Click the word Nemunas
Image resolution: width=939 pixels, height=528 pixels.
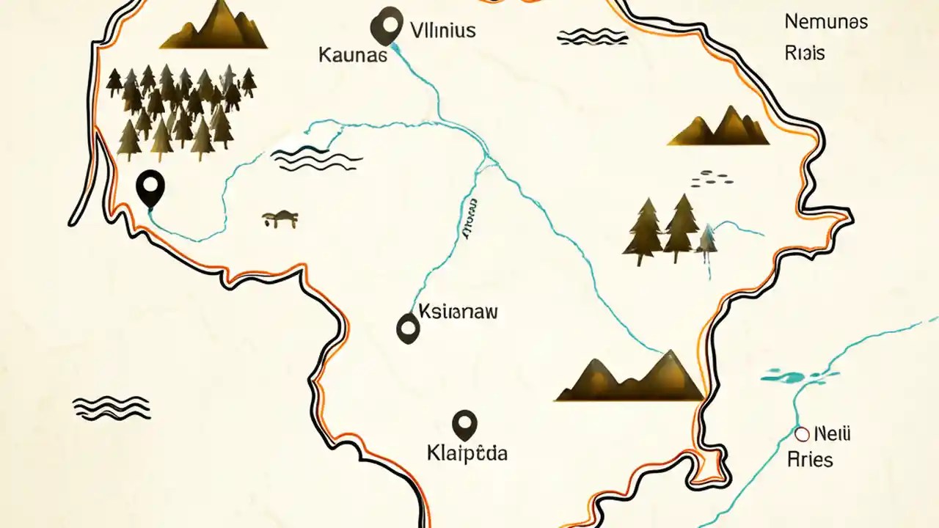[826, 21]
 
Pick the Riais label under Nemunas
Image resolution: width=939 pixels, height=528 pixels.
[804, 54]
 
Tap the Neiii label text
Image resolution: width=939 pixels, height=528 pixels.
[833, 434]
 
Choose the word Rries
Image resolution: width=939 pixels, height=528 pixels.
[810, 460]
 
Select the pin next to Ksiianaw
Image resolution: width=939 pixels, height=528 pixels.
[407, 328]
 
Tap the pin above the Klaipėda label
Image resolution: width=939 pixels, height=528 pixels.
[465, 424]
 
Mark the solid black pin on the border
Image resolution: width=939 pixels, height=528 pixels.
[150, 187]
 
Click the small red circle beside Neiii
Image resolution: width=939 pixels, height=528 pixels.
[802, 434]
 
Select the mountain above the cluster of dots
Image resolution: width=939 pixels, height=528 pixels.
[719, 127]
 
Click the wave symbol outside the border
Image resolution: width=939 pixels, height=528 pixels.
[112, 408]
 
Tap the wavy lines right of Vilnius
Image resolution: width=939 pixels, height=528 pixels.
[592, 36]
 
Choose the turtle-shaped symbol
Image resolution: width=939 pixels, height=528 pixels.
[279, 218]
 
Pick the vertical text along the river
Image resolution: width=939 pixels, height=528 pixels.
[468, 219]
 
